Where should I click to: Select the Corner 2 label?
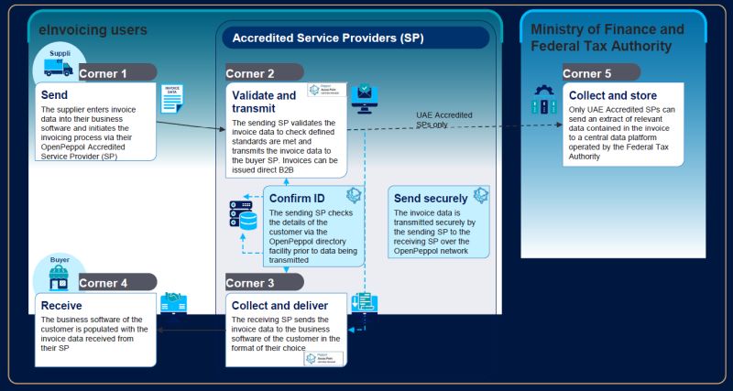(250, 72)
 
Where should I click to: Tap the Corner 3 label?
(250, 282)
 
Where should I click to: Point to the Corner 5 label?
(586, 72)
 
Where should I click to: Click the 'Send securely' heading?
(430, 197)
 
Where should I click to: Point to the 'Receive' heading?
(62, 304)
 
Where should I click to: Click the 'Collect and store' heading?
(613, 95)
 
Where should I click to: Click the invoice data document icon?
(171, 98)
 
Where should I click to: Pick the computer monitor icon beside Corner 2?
(365, 95)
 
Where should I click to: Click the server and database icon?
(244, 215)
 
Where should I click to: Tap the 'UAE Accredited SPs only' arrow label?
(444, 119)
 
